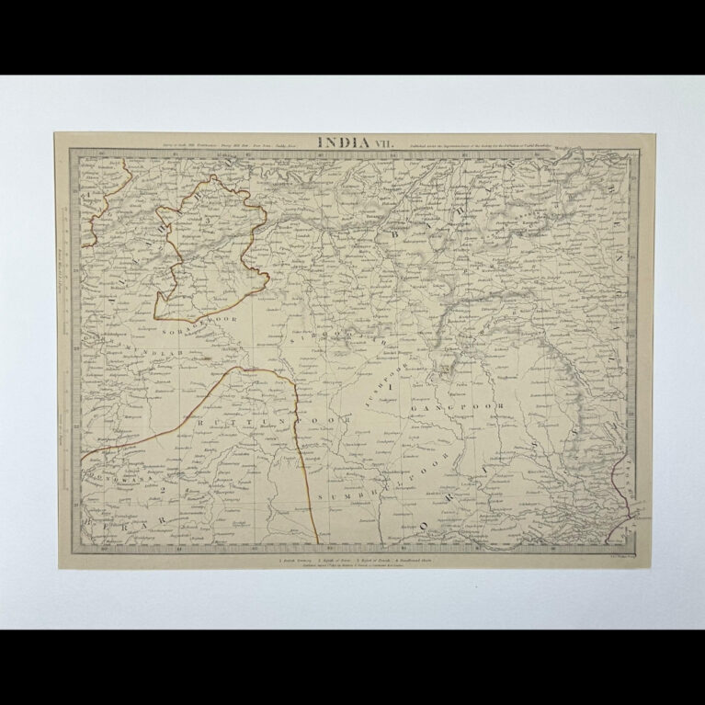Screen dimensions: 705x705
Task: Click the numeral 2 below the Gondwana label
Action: [163, 489]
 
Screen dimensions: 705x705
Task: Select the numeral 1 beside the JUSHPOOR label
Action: [392, 389]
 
